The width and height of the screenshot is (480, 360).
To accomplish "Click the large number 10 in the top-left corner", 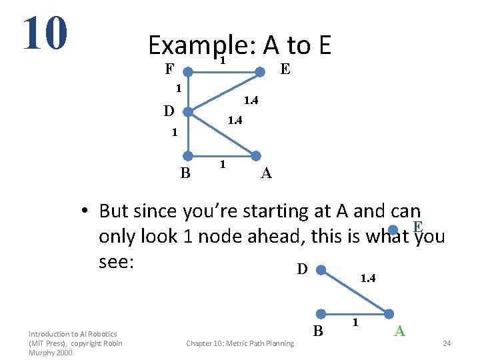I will tap(45, 33).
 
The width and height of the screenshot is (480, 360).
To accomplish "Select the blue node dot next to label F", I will tap(189, 70).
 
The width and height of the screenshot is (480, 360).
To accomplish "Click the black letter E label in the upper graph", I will tap(285, 69).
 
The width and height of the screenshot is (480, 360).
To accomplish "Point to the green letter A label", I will tap(399, 331).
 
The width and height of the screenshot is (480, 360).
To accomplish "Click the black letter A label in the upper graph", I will tap(266, 174).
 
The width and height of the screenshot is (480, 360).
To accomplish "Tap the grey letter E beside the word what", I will tap(418, 227).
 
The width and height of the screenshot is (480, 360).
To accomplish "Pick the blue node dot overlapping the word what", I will tap(394, 231).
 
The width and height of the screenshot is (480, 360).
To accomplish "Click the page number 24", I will tap(447, 343).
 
